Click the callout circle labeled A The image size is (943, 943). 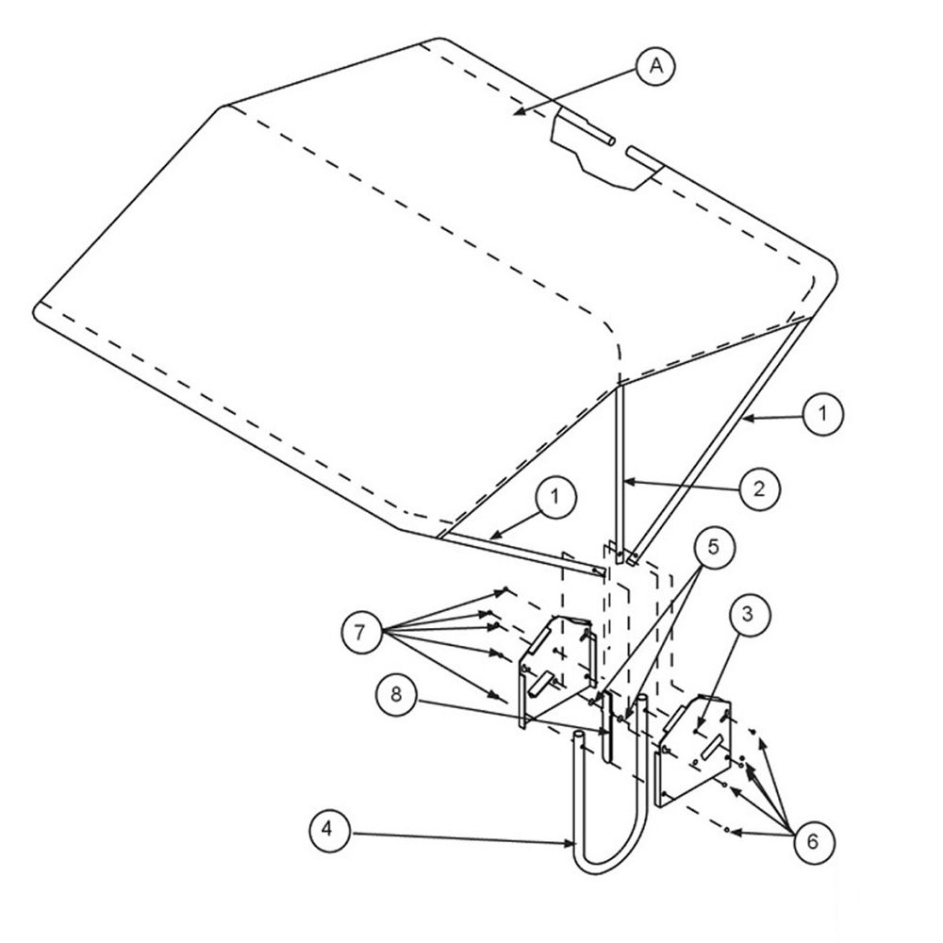[656, 65]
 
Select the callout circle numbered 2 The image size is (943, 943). [759, 489]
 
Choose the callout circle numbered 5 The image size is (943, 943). [713, 549]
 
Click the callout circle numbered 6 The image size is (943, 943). [813, 842]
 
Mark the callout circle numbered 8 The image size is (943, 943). [396, 695]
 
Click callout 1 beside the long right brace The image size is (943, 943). [822, 414]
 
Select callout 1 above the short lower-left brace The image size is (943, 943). [555, 498]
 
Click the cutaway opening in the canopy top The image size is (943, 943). [607, 148]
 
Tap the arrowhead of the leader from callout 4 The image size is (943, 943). [571, 844]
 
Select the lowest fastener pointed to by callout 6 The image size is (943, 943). [727, 830]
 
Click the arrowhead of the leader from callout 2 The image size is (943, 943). [627, 481]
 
